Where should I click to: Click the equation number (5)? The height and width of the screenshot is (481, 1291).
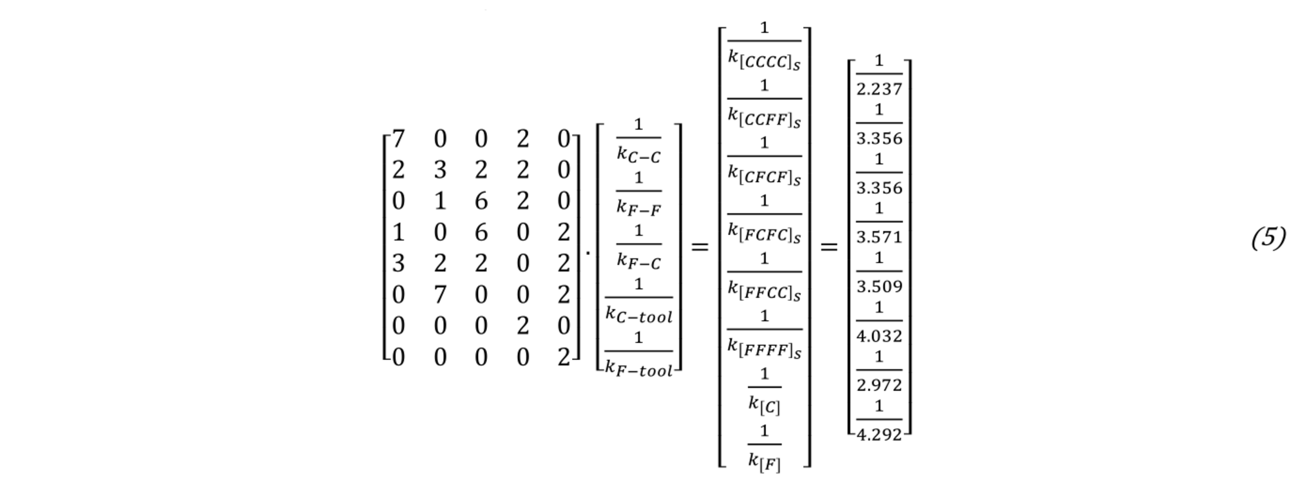coord(1267,239)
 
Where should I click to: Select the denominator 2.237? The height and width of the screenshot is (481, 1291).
coord(879,90)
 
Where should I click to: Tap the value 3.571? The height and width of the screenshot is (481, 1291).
coord(879,238)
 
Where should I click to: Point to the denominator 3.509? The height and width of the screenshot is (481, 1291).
coord(879,287)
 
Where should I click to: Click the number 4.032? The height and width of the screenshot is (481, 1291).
coord(879,336)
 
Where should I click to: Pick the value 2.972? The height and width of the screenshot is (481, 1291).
coord(879,385)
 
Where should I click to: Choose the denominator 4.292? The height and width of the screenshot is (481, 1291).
coord(879,435)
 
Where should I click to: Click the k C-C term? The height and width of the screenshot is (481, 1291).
coord(638,155)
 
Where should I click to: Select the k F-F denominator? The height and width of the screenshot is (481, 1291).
coord(638,207)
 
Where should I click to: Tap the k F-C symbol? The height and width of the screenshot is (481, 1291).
coord(638,261)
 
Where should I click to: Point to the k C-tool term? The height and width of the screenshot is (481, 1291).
coord(638,314)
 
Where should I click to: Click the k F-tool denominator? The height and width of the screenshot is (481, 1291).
coord(638,368)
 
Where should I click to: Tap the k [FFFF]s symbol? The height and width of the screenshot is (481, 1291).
coord(764,348)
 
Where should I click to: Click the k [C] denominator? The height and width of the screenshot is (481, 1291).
coord(764,405)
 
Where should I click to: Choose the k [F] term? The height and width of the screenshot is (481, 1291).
coord(764,462)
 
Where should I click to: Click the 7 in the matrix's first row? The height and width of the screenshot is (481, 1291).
coord(399,139)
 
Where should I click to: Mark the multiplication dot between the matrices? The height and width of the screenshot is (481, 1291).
coord(588,252)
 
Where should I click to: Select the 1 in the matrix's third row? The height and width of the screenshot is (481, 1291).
coord(440,202)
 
